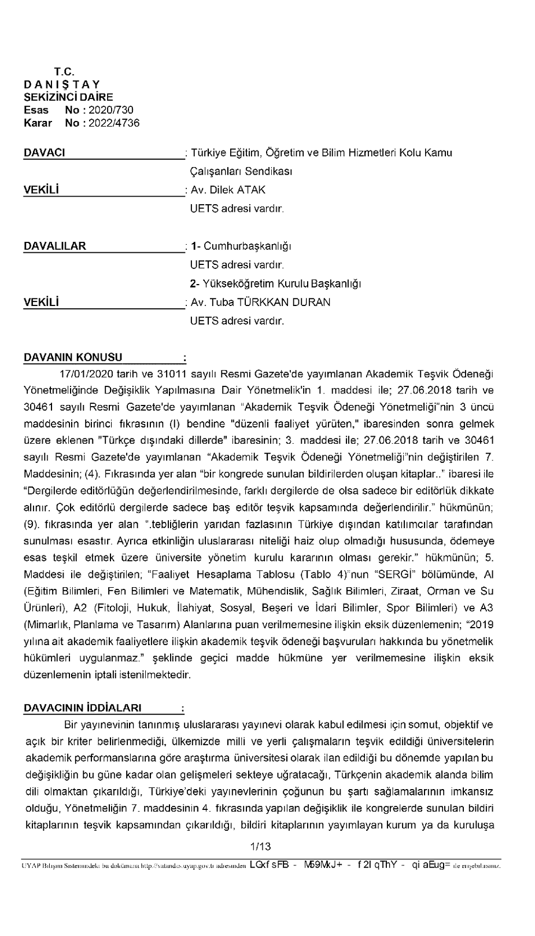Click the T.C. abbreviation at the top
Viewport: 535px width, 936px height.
(x=64, y=72)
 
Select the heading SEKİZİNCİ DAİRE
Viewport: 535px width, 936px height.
(x=68, y=97)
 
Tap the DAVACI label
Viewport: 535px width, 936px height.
(x=44, y=153)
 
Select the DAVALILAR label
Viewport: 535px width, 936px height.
(x=54, y=246)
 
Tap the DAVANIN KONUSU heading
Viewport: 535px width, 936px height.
(x=73, y=358)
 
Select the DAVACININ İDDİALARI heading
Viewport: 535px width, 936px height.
(x=82, y=708)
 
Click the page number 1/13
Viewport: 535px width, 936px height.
(x=260, y=847)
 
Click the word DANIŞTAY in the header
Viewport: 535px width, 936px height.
(x=62, y=84)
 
